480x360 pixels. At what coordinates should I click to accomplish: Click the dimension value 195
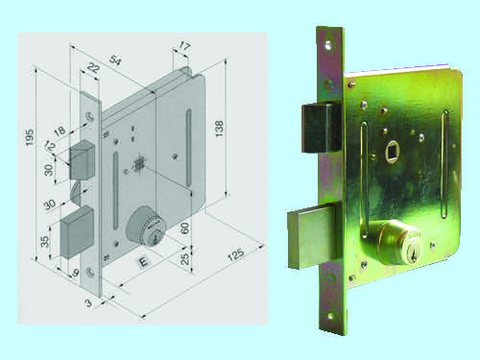[x=29, y=137]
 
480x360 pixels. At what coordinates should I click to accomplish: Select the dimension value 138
[x=220, y=129]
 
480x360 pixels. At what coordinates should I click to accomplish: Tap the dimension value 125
[x=235, y=254]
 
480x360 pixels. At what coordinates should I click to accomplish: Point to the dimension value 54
[x=115, y=60]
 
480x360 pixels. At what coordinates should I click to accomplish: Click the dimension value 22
[x=93, y=68]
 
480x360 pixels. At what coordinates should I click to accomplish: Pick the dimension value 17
[x=184, y=46]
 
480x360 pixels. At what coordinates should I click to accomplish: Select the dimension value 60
[x=184, y=228]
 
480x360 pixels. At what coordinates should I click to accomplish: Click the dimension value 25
[x=184, y=258]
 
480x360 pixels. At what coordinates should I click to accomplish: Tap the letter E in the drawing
[x=143, y=262]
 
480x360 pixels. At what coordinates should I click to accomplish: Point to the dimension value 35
[x=45, y=241]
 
